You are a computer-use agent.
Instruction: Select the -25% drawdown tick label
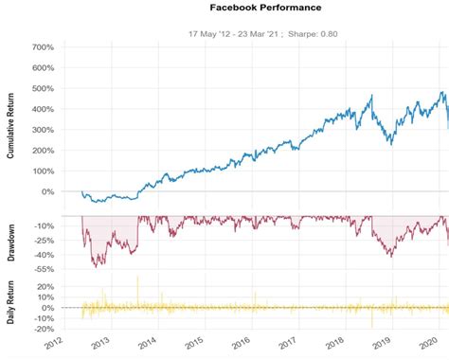pos(41,241)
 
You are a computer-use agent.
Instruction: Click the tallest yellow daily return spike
pos(138,279)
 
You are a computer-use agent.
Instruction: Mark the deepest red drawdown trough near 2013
pos(98,265)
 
